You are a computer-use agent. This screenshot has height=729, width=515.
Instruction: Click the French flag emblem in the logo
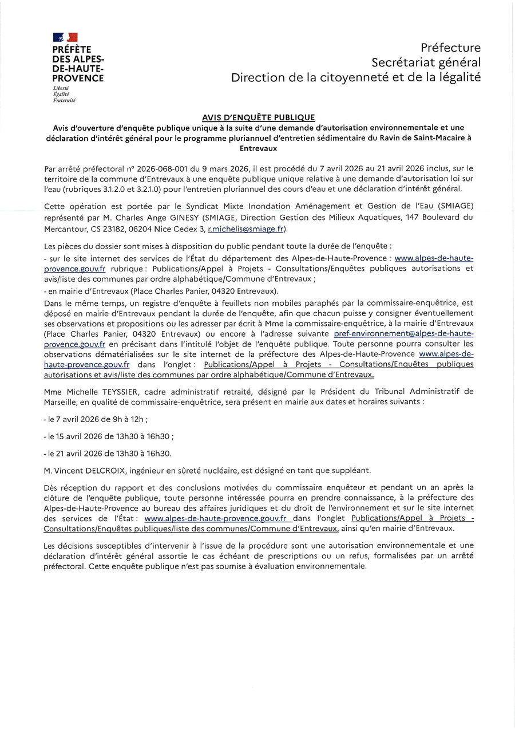click(x=65, y=37)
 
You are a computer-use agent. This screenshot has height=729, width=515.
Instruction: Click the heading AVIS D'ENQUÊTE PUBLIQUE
click(x=258, y=117)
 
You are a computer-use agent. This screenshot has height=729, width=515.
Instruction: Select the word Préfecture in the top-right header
click(x=450, y=48)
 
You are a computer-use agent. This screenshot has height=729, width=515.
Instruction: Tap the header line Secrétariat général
click(x=426, y=62)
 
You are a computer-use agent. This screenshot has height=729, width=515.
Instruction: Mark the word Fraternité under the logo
click(x=64, y=100)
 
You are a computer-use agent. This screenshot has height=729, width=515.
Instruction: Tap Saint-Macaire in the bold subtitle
click(x=439, y=138)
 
